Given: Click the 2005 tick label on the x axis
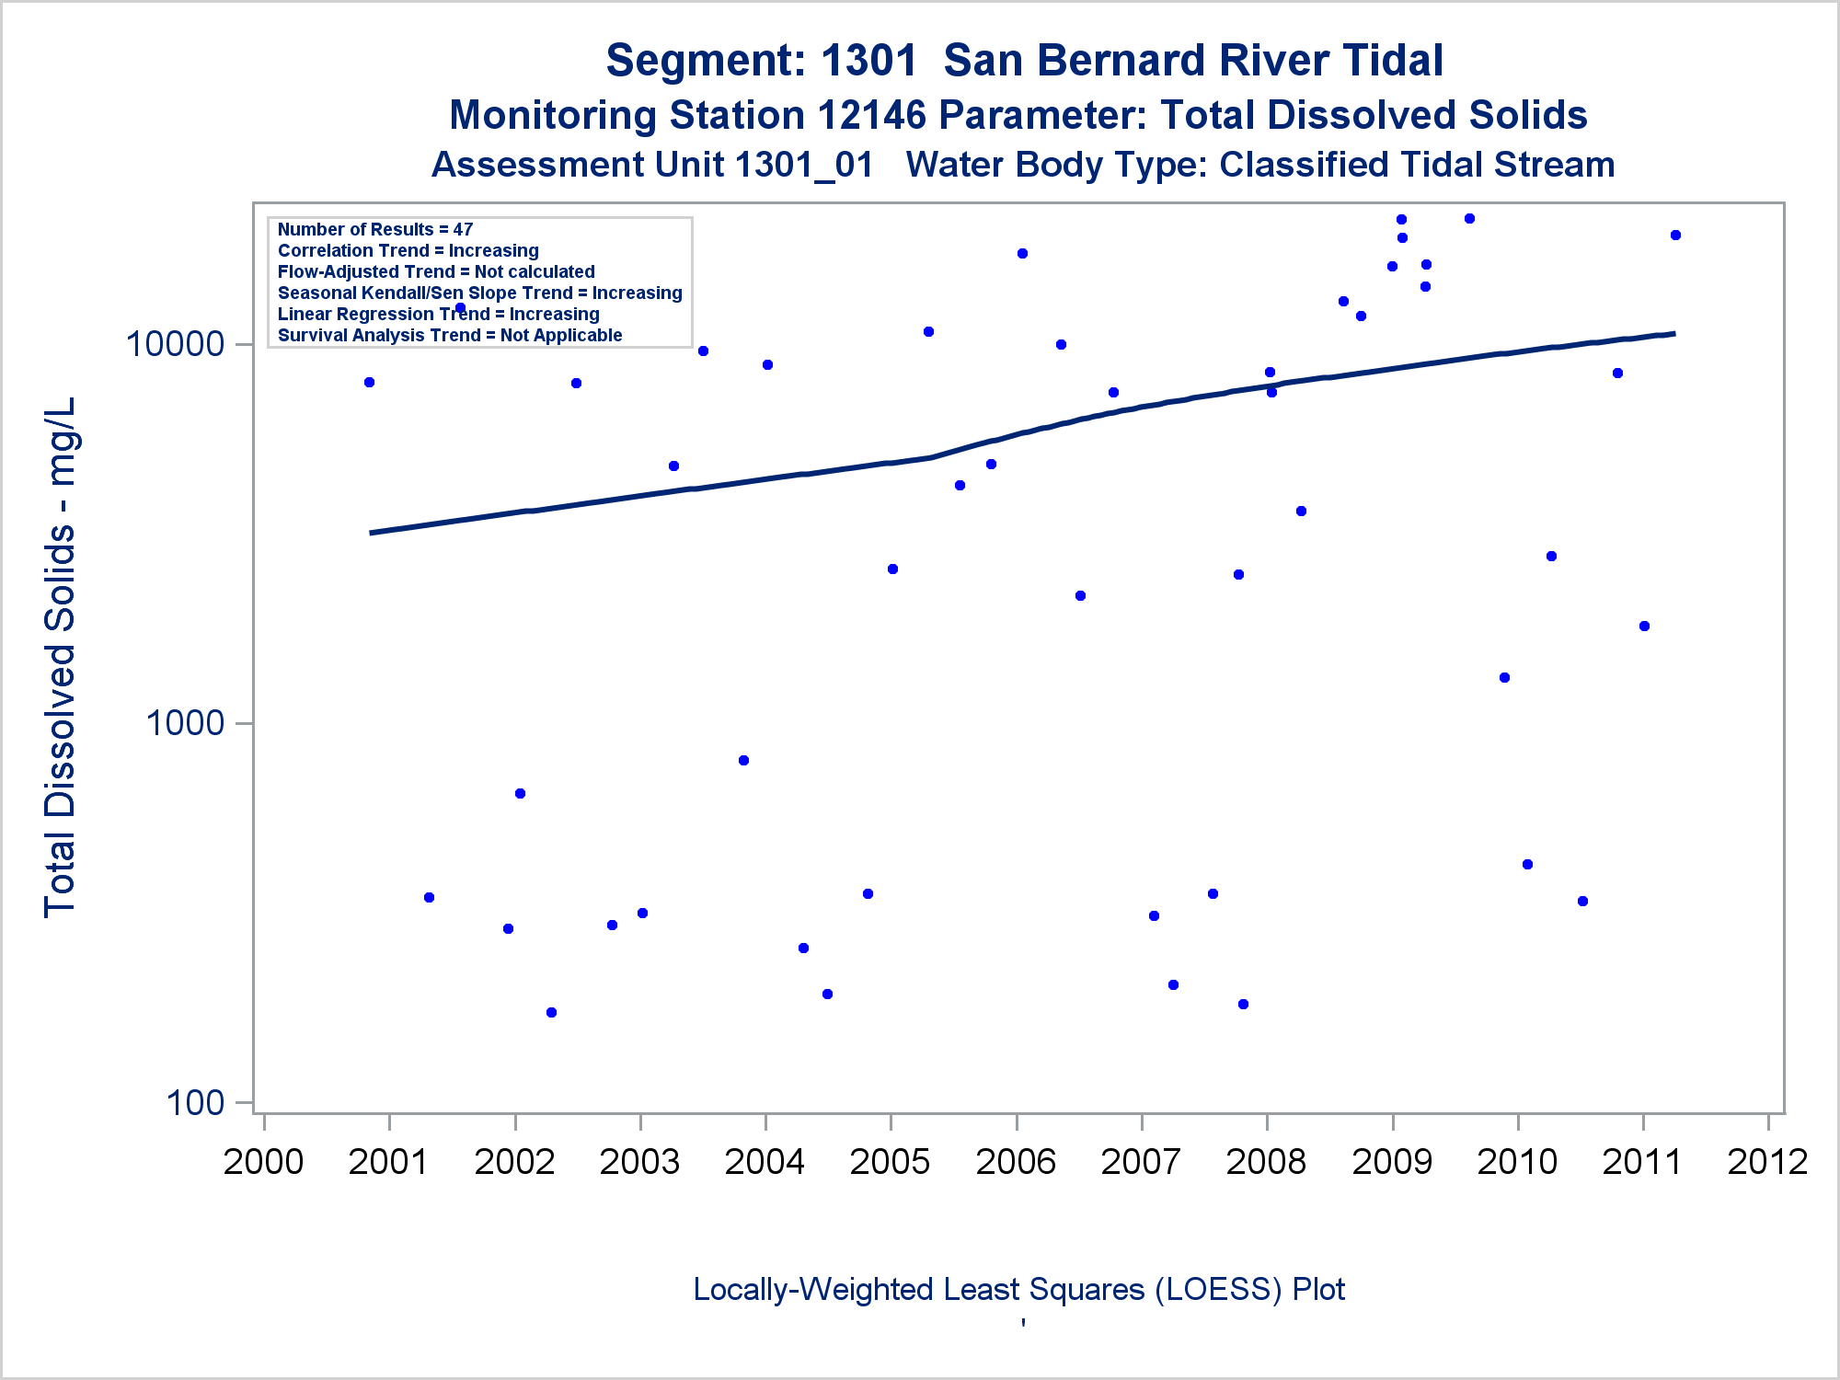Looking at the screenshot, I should (x=890, y=1161).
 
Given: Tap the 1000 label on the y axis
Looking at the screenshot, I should (x=184, y=723).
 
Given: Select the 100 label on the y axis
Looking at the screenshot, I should (x=195, y=1102).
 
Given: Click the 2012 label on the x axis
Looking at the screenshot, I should (x=1767, y=1161).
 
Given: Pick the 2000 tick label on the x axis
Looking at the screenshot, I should (x=263, y=1161).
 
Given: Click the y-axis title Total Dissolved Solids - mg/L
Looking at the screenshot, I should (x=60, y=657).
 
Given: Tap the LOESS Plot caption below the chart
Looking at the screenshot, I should (x=1018, y=1289).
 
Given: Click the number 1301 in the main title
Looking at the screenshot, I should (x=868, y=61).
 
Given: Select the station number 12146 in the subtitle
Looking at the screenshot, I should (x=871, y=115).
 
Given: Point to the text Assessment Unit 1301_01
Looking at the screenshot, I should (x=652, y=165).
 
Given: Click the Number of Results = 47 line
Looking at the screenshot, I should (x=375, y=229).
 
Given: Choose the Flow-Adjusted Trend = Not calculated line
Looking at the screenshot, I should (x=436, y=271).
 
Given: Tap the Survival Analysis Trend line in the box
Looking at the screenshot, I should (x=450, y=335).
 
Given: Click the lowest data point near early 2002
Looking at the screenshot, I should (x=551, y=1012).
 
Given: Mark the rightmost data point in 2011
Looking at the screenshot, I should (x=1675, y=236).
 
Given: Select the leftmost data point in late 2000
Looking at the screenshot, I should (x=369, y=382).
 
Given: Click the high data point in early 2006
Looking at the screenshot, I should (x=1022, y=253).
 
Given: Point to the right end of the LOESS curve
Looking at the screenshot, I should (x=1674, y=333).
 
